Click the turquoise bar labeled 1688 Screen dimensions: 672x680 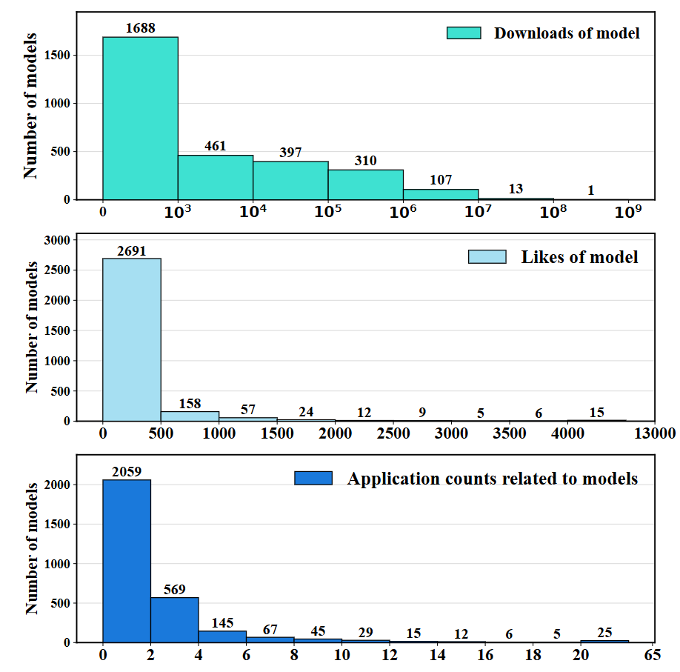click(x=140, y=118)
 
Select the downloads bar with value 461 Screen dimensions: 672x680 click(x=216, y=177)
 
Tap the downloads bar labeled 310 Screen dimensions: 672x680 click(x=366, y=184)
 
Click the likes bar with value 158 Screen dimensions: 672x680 click(x=189, y=416)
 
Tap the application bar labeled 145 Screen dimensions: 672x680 click(x=222, y=636)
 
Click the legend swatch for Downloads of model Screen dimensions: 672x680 click(x=464, y=33)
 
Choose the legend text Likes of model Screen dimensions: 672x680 click(x=579, y=257)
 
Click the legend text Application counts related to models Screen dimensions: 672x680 click(x=493, y=478)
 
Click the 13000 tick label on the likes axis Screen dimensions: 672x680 click(x=653, y=433)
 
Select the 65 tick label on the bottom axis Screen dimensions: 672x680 click(x=652, y=656)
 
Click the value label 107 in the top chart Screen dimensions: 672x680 click(x=440, y=180)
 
